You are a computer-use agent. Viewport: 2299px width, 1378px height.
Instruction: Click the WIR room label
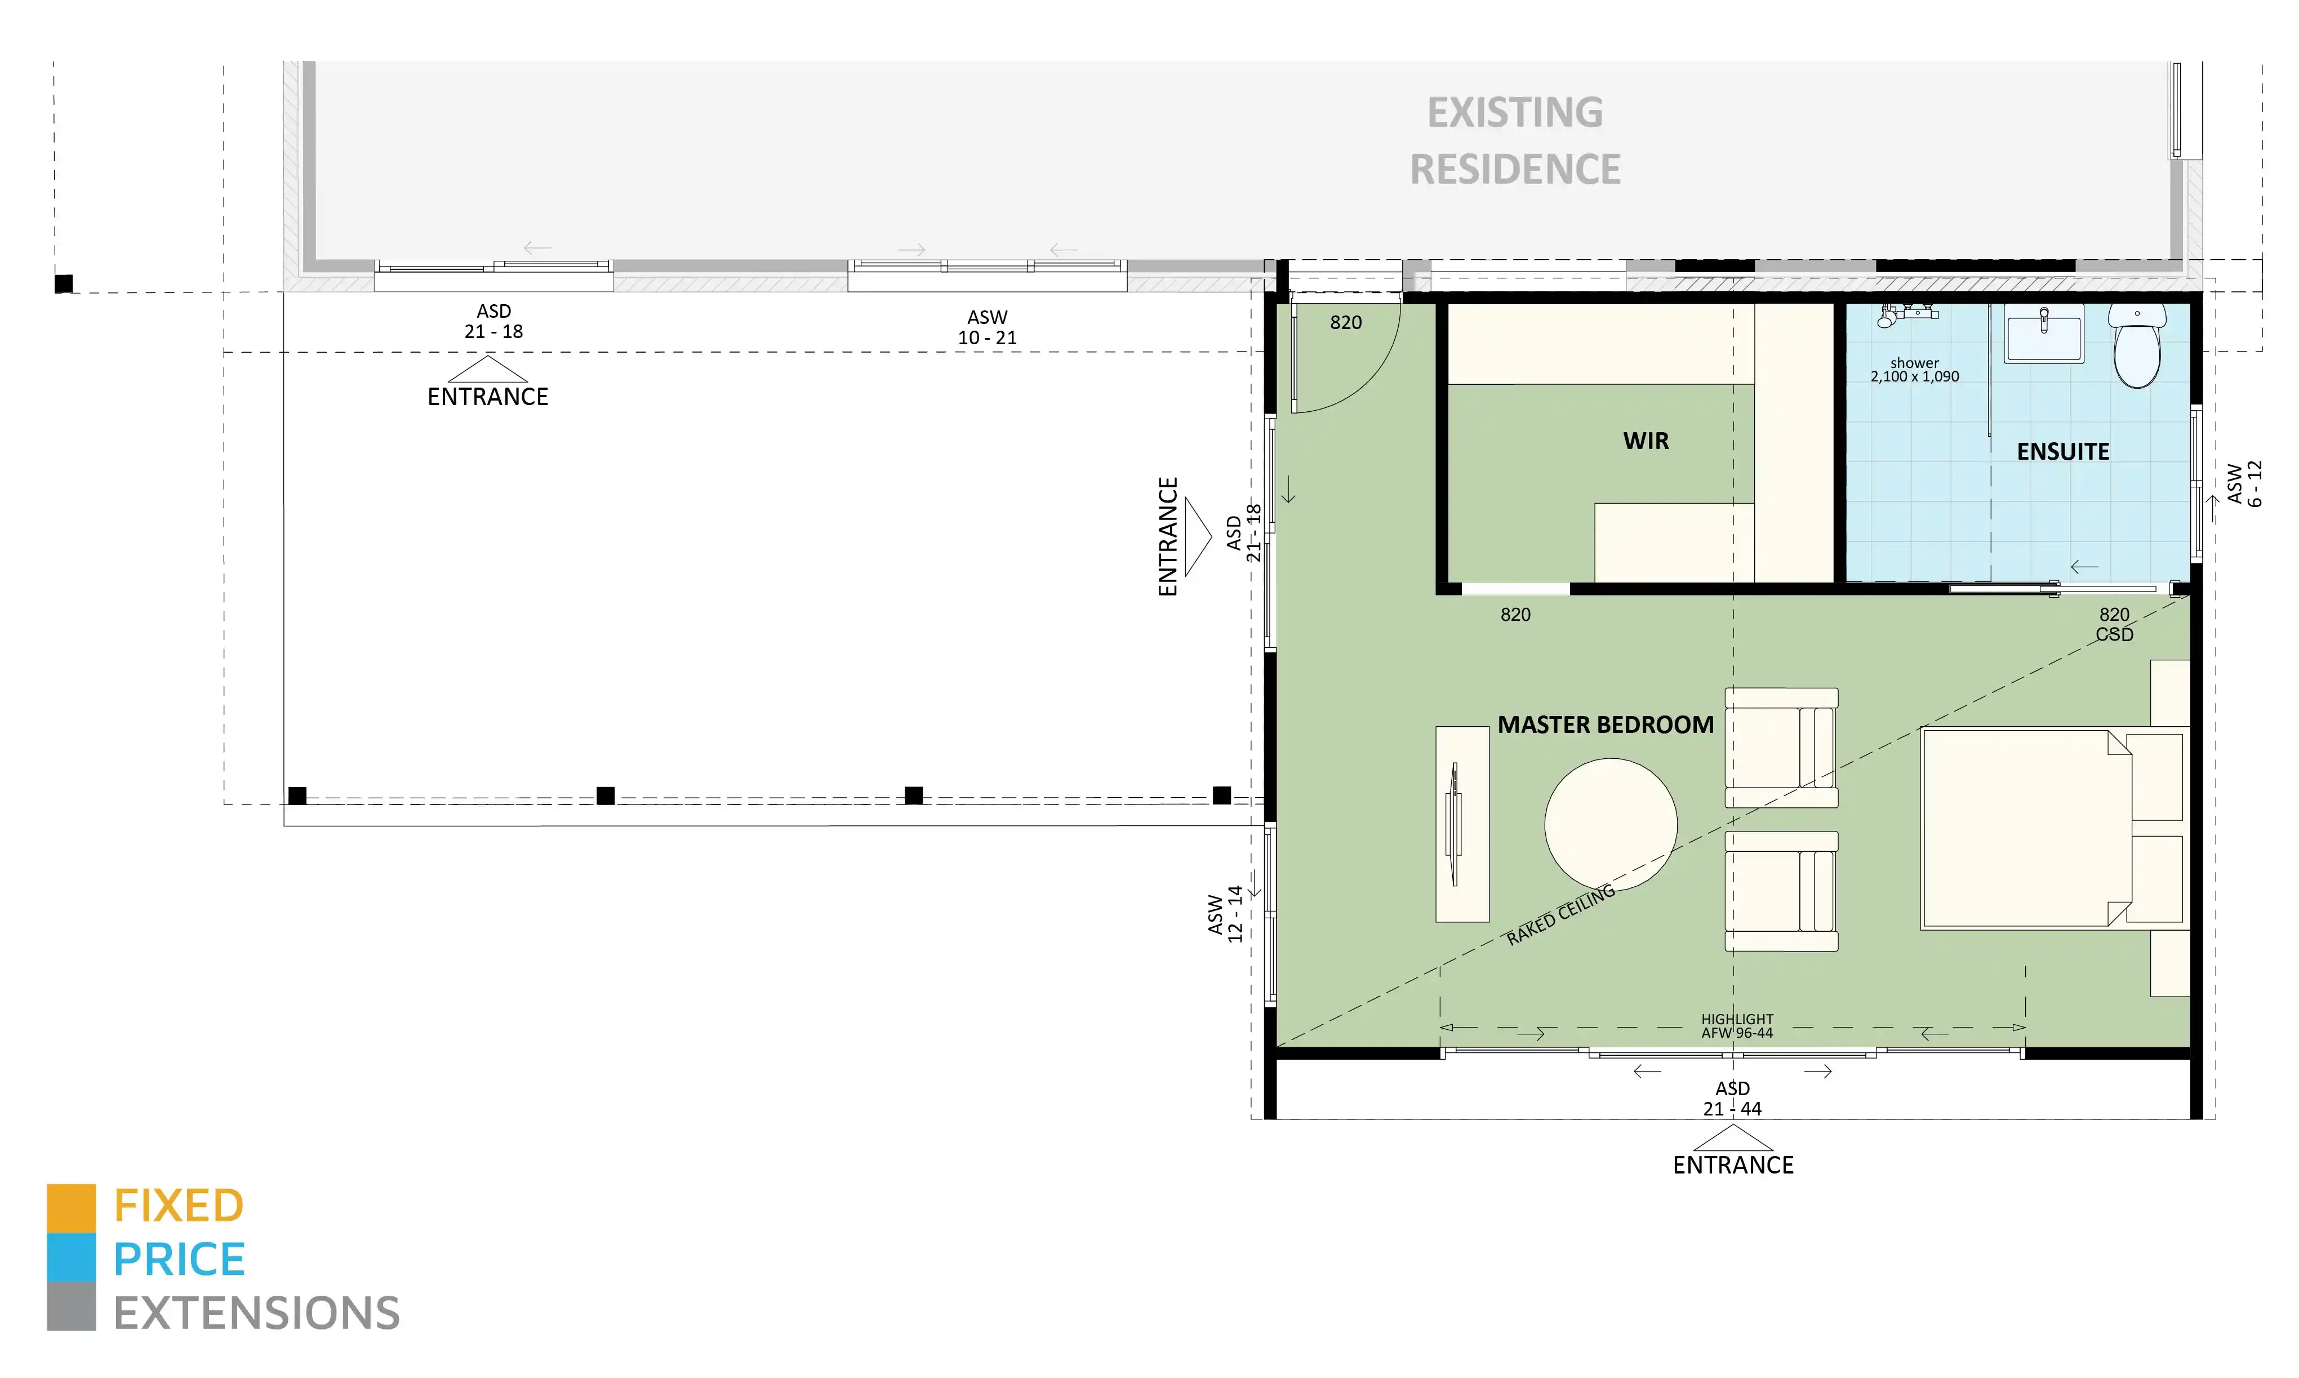(1646, 441)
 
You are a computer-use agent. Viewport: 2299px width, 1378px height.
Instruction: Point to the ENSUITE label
(2062, 452)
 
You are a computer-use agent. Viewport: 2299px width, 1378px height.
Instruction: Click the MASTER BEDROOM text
(1606, 725)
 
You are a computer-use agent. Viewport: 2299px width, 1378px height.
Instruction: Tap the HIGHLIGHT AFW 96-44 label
(1736, 1026)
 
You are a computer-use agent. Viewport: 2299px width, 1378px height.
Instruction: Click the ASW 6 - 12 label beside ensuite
(2244, 484)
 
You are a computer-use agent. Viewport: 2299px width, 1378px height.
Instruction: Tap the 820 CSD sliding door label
(2114, 624)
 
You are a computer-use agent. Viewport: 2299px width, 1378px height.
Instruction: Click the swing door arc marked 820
(1355, 371)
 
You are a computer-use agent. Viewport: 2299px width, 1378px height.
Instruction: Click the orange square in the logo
(72, 1207)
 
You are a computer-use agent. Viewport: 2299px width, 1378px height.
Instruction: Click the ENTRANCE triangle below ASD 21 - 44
(1733, 1139)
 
